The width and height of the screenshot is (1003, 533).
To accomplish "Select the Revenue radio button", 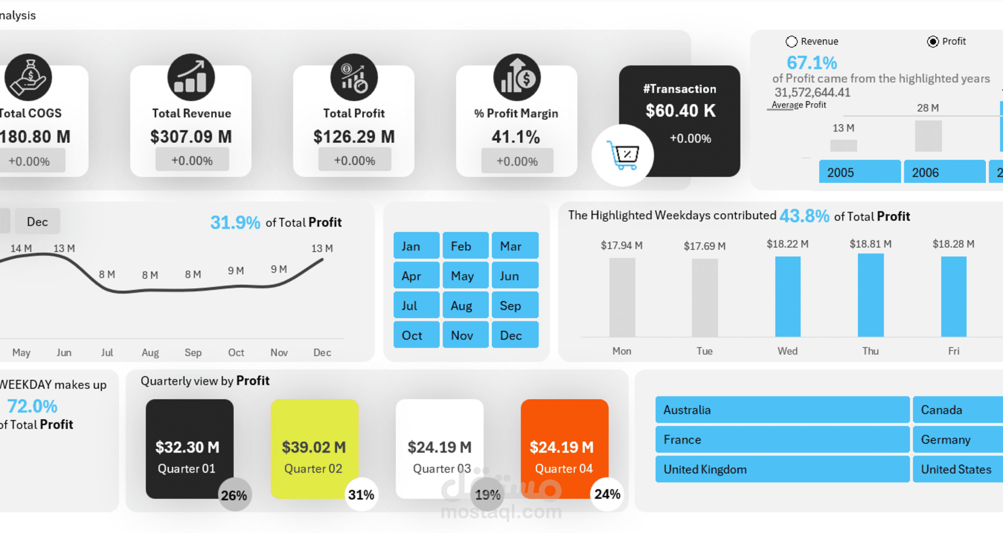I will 792,42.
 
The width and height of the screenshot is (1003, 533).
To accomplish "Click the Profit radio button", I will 933,42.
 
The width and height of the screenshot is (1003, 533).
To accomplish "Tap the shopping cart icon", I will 623,155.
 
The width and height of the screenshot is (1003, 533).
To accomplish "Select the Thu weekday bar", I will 870,295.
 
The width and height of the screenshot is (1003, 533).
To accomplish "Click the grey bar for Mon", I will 622,297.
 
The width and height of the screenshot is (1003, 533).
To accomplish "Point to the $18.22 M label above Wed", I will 787,244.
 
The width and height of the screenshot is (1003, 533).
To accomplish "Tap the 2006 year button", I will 944,172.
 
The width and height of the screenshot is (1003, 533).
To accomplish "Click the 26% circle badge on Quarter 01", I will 234,495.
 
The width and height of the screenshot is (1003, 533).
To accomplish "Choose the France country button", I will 782,440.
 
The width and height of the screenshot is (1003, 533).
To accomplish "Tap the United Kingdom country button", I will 782,470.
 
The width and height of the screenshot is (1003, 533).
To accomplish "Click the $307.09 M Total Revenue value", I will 191,137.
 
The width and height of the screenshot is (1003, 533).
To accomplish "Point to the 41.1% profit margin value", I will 516,137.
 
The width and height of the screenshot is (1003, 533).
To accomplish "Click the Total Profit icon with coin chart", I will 354,77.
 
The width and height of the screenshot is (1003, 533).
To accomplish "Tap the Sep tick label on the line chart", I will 193,353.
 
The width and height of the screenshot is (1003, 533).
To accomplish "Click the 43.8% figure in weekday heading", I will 804,216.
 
